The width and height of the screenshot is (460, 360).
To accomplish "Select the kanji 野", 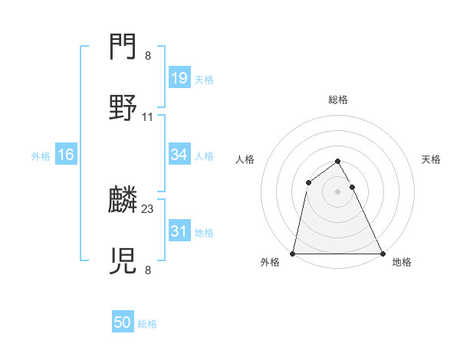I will [123, 109].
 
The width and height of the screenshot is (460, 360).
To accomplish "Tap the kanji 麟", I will [123, 201].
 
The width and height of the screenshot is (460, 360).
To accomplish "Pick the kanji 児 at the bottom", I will [123, 261].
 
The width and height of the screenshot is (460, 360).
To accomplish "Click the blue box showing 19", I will [179, 78].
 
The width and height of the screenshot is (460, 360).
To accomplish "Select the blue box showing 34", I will [179, 155].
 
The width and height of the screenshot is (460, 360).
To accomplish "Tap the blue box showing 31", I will [179, 231].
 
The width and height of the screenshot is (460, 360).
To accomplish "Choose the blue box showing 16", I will [65, 155].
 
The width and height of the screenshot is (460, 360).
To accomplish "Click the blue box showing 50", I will [122, 322].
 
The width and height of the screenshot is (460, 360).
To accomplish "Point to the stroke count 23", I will [148, 208].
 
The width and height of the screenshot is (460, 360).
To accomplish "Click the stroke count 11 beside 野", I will [148, 117].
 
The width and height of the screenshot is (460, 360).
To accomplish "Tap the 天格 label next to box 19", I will [204, 80].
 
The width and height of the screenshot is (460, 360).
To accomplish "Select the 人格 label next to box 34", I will [204, 156].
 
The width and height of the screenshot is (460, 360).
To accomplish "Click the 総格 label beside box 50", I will [147, 324].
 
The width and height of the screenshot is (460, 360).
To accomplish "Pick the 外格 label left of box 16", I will [41, 156].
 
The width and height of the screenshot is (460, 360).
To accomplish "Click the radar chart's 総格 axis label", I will [338, 100].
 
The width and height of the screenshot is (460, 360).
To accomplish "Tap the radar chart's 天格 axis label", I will [432, 159].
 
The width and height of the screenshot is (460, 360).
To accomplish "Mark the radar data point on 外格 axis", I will [293, 254].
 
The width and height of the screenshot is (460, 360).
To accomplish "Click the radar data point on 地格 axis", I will [383, 254].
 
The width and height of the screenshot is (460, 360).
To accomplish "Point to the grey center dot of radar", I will [338, 191].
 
